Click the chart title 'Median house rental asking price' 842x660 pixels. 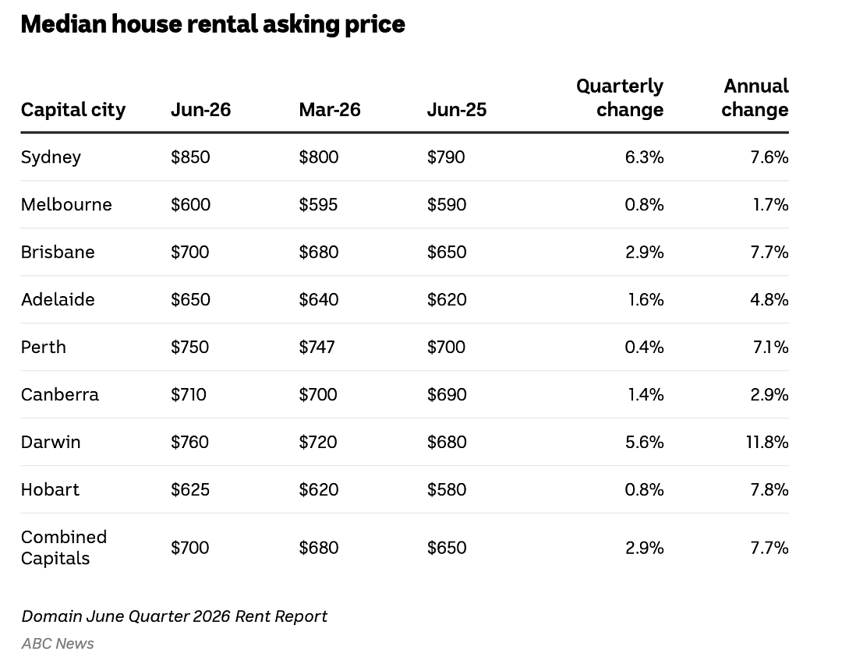click(x=213, y=25)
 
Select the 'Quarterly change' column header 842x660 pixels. click(x=620, y=97)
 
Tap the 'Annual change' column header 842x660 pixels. click(x=755, y=97)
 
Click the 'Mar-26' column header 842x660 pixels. click(x=330, y=109)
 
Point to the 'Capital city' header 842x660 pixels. click(x=73, y=111)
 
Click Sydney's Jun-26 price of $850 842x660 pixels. click(x=191, y=157)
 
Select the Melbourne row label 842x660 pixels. click(x=66, y=204)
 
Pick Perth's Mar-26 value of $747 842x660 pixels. click(x=317, y=348)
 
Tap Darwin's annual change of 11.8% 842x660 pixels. click(x=767, y=442)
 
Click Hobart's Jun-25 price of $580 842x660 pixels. click(x=447, y=490)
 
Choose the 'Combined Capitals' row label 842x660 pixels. click(x=64, y=548)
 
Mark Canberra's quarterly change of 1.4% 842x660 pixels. click(x=646, y=395)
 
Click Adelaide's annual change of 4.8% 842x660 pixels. click(x=769, y=299)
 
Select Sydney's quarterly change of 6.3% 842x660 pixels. click(x=645, y=157)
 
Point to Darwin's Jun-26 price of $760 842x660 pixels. click(x=190, y=442)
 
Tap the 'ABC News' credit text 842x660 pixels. click(x=58, y=644)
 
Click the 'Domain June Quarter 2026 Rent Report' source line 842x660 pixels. click(x=175, y=616)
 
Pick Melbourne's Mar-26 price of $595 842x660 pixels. click(x=318, y=204)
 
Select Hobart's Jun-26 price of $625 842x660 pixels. click(x=190, y=490)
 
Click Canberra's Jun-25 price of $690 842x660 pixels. click(x=447, y=395)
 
